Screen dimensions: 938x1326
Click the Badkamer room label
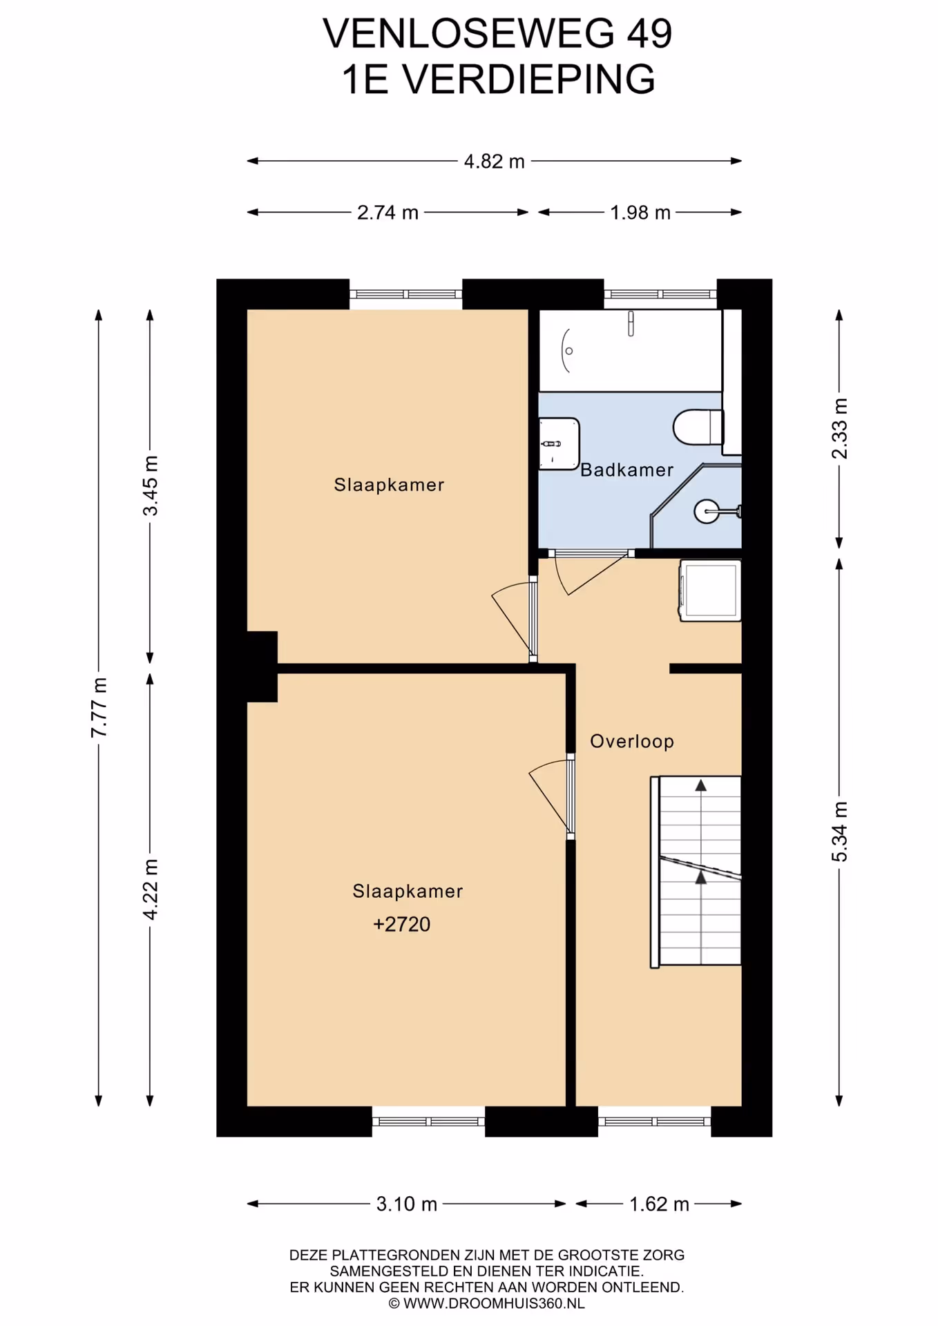pyautogui.click(x=626, y=470)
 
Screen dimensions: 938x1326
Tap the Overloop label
pyautogui.click(x=631, y=742)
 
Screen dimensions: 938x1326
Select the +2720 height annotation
pyautogui.click(x=401, y=924)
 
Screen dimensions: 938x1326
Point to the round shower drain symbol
pyautogui.click(x=707, y=512)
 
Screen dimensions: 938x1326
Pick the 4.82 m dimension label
pyautogui.click(x=494, y=162)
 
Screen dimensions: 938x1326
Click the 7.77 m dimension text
pyautogui.click(x=99, y=707)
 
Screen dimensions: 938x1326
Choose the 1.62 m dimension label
pyautogui.click(x=659, y=1204)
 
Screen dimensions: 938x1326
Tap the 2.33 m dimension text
pyautogui.click(x=839, y=428)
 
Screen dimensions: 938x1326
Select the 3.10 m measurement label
pyautogui.click(x=406, y=1204)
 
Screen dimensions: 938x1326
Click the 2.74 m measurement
pyautogui.click(x=387, y=213)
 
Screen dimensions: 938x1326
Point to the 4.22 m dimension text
pyautogui.click(x=151, y=890)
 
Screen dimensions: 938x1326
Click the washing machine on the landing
pyautogui.click(x=710, y=590)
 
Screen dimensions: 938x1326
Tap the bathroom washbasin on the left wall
pyautogui.click(x=558, y=443)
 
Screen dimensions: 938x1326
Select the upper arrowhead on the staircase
pyautogui.click(x=701, y=785)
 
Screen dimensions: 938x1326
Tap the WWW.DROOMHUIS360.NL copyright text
pyautogui.click(x=486, y=1304)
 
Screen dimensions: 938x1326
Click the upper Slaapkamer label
pyautogui.click(x=389, y=485)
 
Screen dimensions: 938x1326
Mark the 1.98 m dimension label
pyautogui.click(x=640, y=213)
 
